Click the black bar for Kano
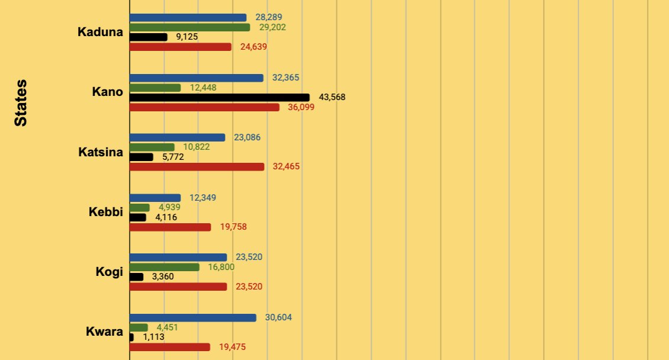[219, 97]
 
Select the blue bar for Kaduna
[188, 18]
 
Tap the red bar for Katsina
[197, 166]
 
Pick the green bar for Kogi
[164, 267]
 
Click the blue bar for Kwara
[192, 318]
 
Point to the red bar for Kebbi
[170, 227]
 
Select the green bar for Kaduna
[189, 27]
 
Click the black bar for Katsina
[141, 157]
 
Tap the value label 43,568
[332, 97]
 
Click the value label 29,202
[273, 27]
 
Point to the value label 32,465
[286, 166]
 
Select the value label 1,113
[153, 337]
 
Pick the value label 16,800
[221, 267]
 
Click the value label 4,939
[169, 207]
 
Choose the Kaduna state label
[100, 32]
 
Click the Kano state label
[107, 92]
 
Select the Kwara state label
[104, 332]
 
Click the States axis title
[21, 102]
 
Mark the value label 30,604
[278, 318]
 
